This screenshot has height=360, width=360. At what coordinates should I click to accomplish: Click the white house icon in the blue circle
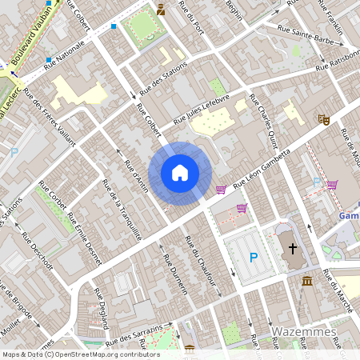pos(180,172)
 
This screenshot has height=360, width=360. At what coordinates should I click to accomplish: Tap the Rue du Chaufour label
pos(200,266)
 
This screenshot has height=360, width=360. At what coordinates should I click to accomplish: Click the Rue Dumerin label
pos(174,274)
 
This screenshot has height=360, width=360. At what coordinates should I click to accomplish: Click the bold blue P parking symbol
pos(254,258)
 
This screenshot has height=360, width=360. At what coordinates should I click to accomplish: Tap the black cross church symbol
pos(293,249)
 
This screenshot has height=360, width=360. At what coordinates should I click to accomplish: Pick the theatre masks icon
pos(324,120)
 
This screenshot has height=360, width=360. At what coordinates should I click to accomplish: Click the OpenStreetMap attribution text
pos(81,354)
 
